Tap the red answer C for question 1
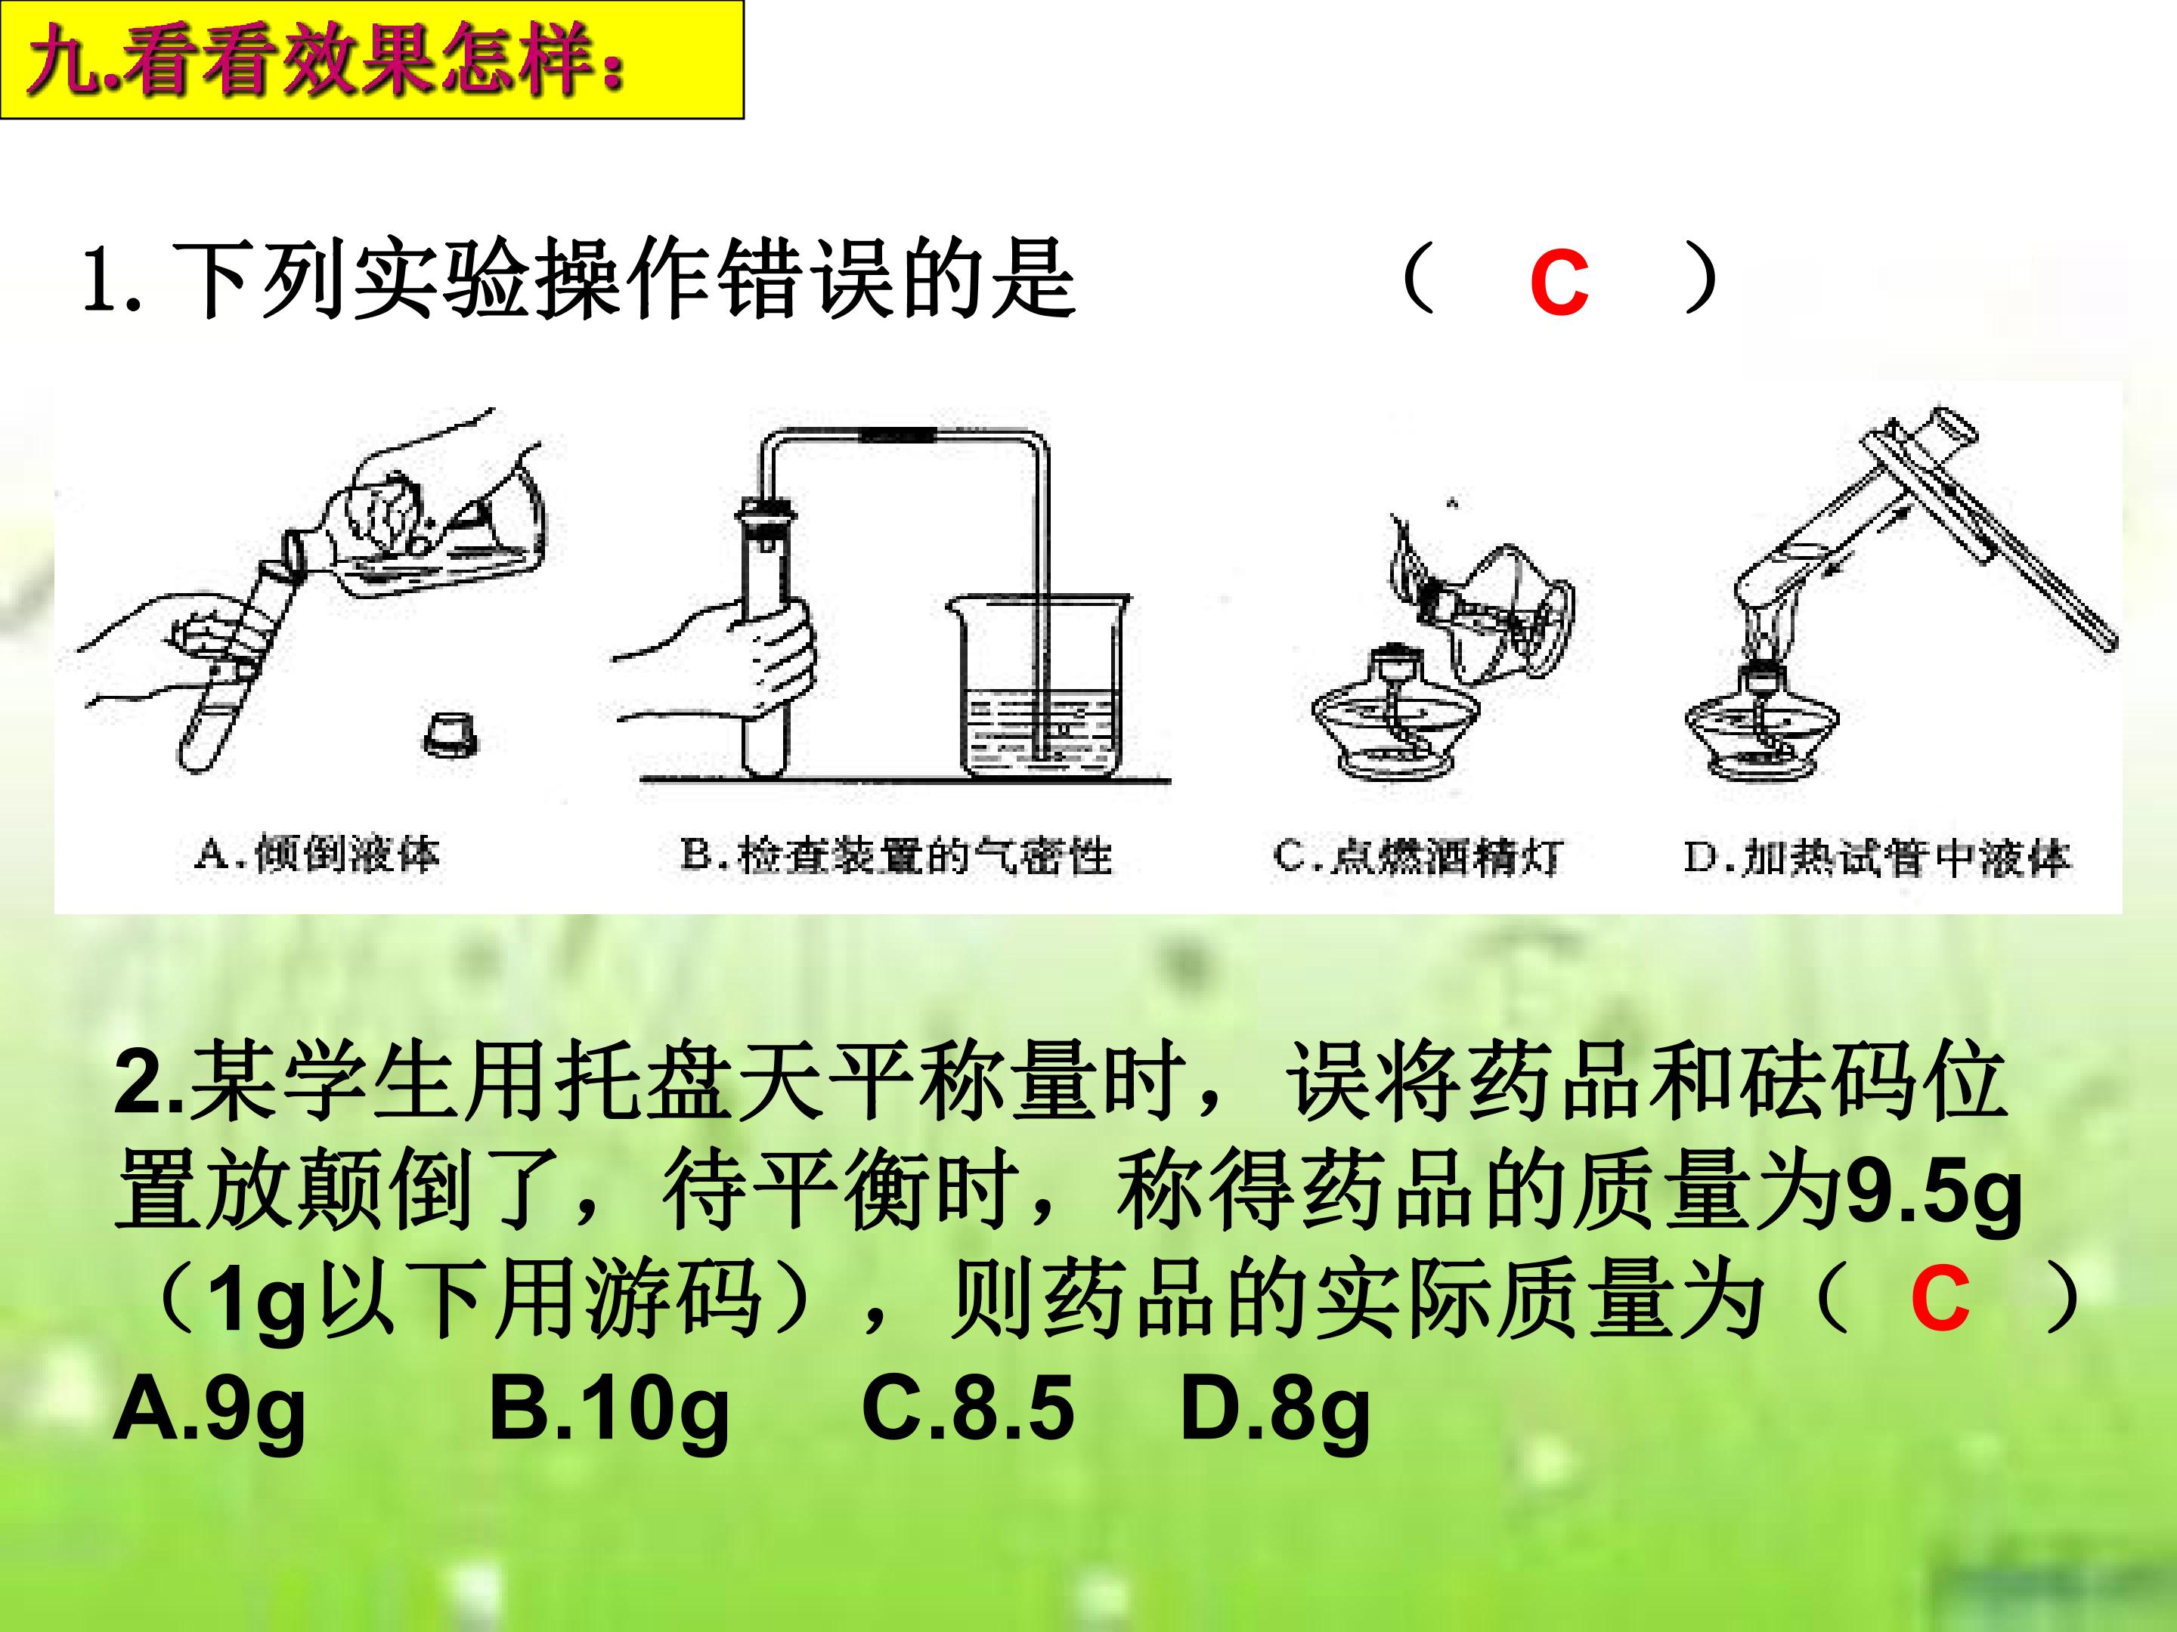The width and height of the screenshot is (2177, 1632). pos(1559,283)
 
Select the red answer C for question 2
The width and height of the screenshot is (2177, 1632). pos(1940,1299)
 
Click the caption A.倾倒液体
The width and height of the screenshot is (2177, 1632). pos(317,854)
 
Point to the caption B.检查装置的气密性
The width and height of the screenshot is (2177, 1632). pos(896,856)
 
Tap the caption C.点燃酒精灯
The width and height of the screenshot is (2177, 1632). pos(1417,856)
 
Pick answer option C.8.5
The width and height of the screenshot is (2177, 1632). pos(968,1408)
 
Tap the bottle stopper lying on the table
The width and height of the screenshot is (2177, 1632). pos(452,734)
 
